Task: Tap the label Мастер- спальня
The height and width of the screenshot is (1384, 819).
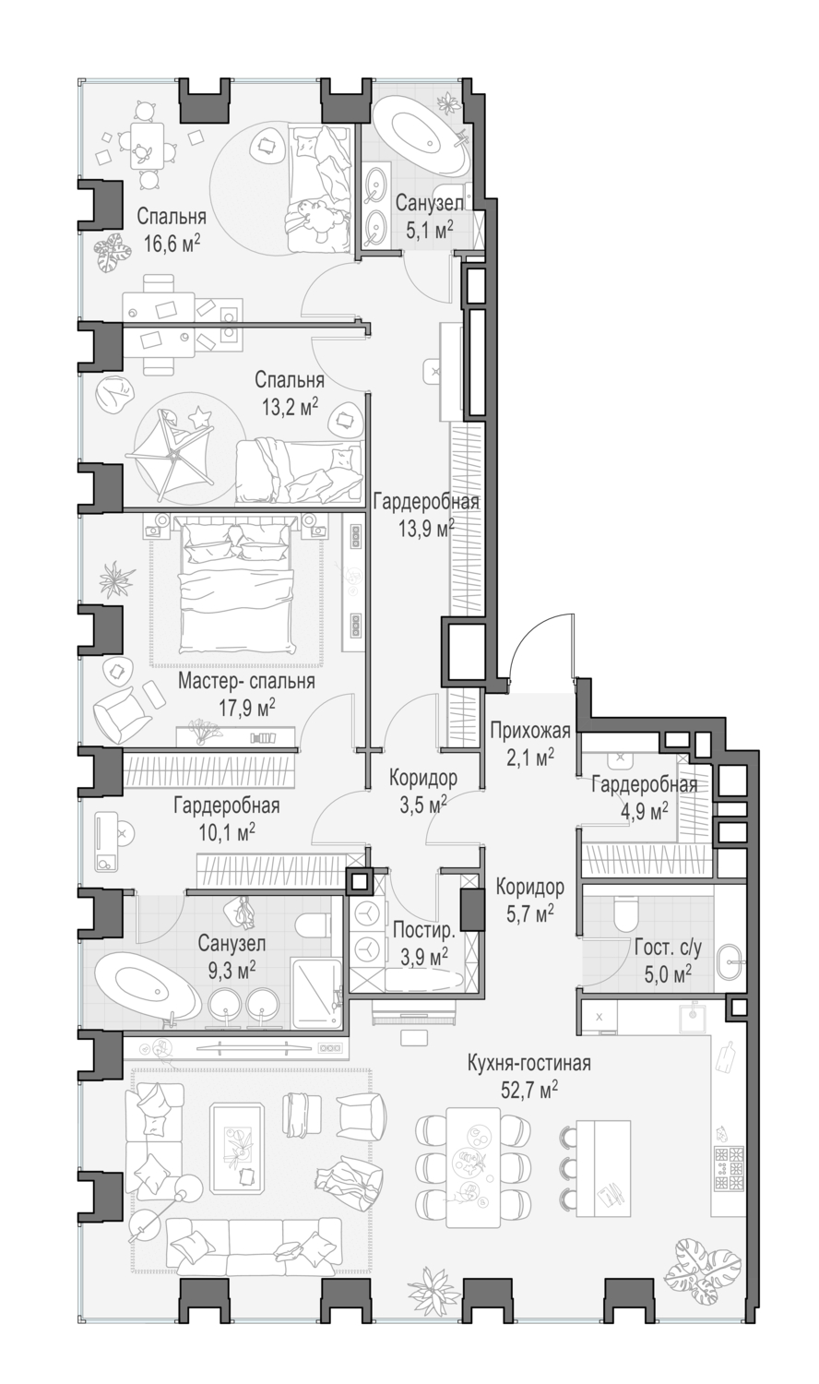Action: coord(246,682)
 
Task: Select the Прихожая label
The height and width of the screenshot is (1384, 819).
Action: coord(530,731)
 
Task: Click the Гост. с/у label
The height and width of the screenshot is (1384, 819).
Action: coord(669,947)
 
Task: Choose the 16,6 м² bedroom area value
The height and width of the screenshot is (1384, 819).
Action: coord(172,244)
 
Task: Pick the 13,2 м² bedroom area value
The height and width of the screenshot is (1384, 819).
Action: coord(291,406)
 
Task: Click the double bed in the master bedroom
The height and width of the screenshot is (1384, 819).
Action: coord(235,585)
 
